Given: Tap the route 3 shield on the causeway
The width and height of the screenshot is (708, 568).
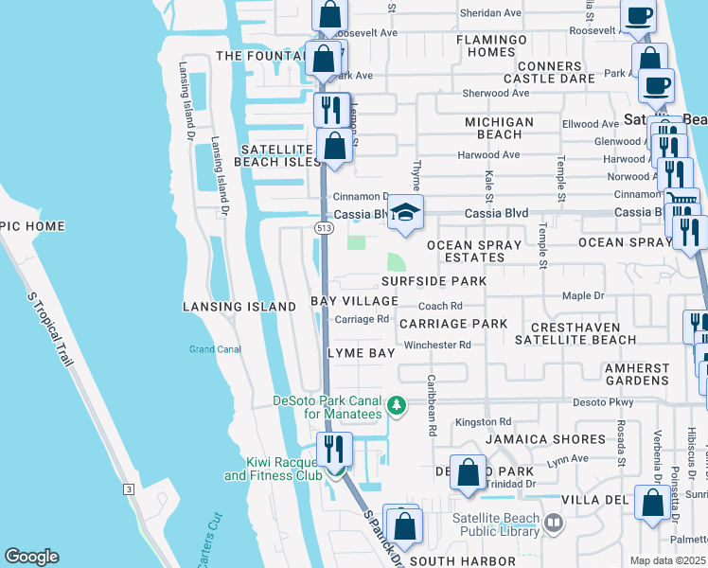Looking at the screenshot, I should point(127,488).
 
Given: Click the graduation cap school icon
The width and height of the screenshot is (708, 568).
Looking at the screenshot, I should point(405,212).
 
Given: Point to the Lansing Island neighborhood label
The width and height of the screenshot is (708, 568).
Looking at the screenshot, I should point(239,307).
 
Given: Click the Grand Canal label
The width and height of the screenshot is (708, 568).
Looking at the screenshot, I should point(215,349).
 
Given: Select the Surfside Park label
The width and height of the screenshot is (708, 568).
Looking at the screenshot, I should point(434,281).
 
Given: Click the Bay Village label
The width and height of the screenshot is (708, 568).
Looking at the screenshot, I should point(355,301).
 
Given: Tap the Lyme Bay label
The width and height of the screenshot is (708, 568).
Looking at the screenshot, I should point(361,352).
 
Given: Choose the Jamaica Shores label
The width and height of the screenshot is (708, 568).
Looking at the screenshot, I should point(544,439).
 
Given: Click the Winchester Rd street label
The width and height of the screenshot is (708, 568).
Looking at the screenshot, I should point(437,345).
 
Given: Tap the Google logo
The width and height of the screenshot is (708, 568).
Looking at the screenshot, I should point(31,557).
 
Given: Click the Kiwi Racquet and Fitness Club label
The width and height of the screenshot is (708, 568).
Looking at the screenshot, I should point(272,469).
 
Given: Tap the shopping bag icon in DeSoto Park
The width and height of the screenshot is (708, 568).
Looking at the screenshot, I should point(469,473).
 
